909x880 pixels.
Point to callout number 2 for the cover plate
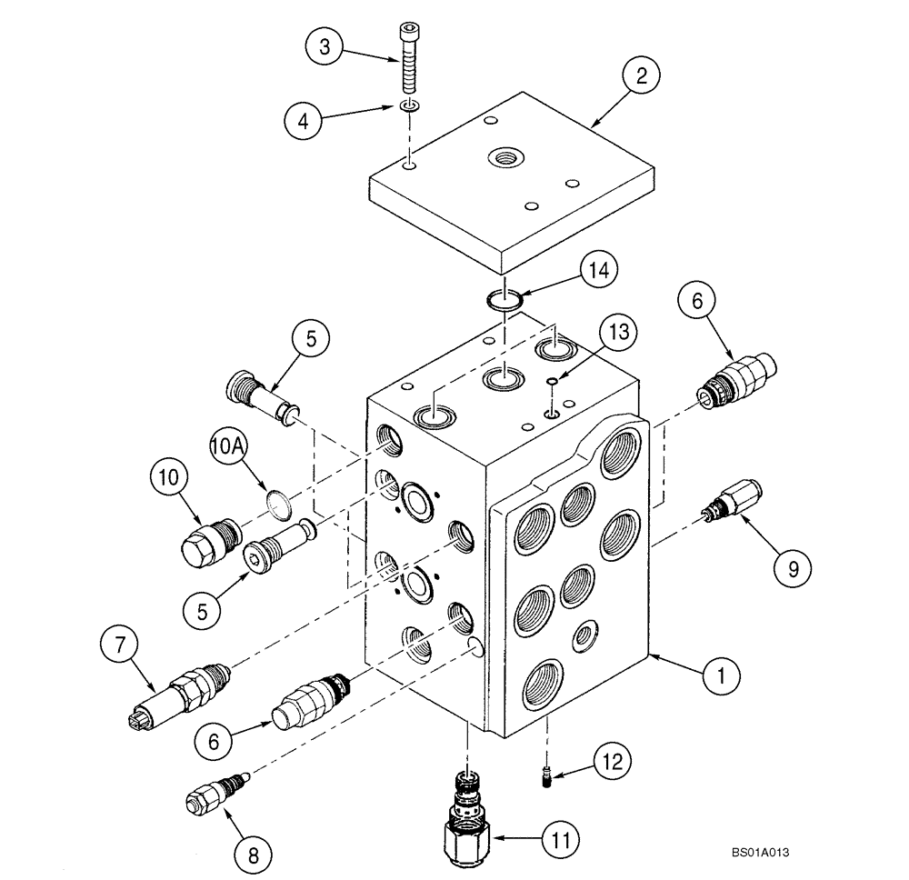(x=641, y=77)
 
